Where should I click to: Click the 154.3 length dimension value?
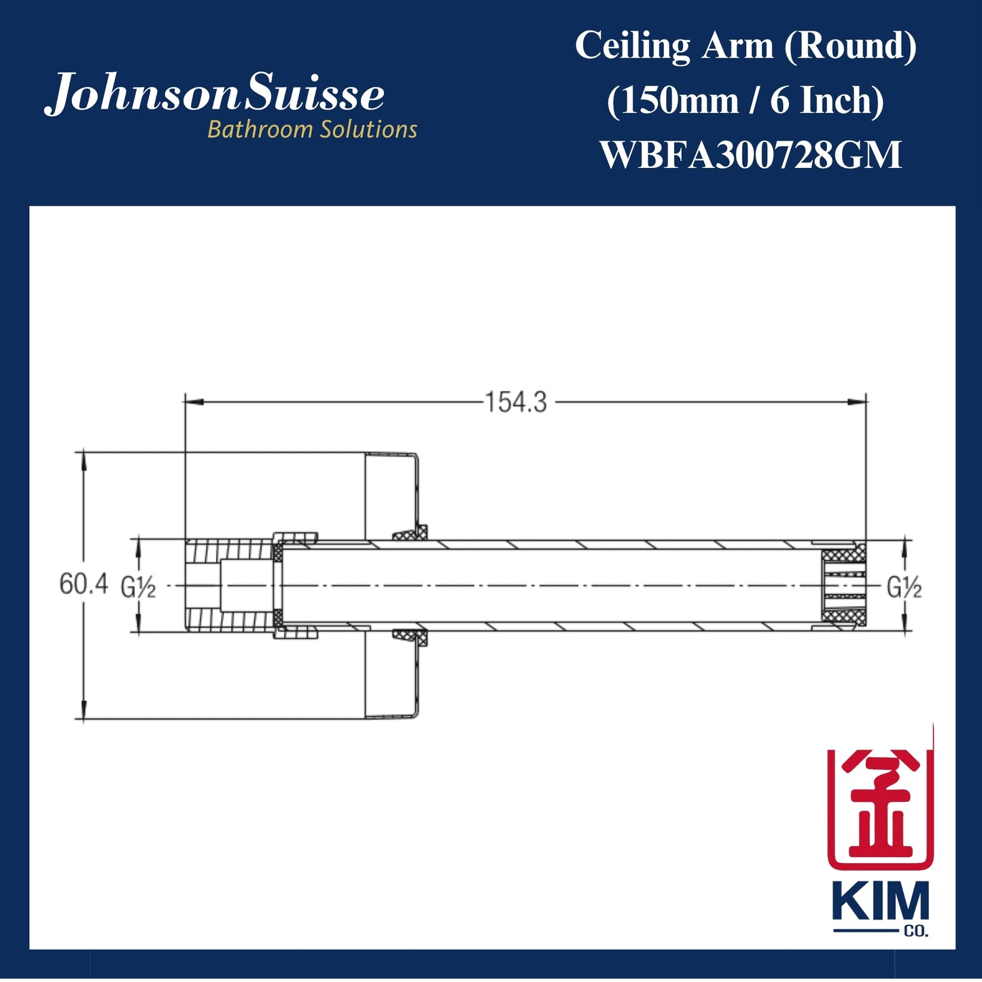(x=515, y=402)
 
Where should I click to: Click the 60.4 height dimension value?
(x=83, y=584)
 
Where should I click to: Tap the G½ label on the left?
(x=139, y=586)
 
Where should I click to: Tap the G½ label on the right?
(x=904, y=586)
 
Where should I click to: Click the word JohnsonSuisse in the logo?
(x=215, y=94)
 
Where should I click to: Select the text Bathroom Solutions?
(x=312, y=129)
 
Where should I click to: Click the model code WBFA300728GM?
(x=750, y=155)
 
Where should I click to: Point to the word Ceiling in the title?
(x=632, y=46)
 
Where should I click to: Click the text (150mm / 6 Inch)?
(x=745, y=101)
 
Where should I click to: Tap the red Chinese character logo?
(x=879, y=807)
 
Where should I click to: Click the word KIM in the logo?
(x=879, y=903)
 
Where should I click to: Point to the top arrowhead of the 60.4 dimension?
(x=84, y=458)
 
